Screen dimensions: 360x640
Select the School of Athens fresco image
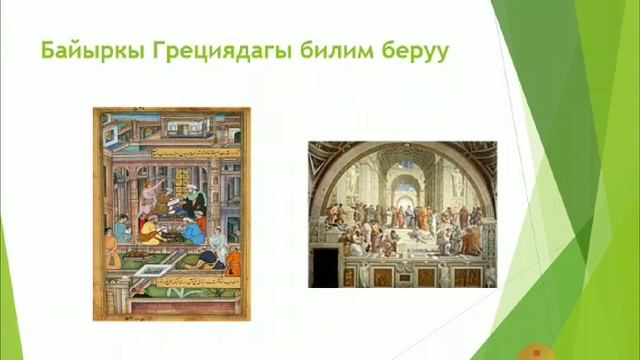point(402,214)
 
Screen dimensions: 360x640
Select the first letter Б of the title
point(45,49)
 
